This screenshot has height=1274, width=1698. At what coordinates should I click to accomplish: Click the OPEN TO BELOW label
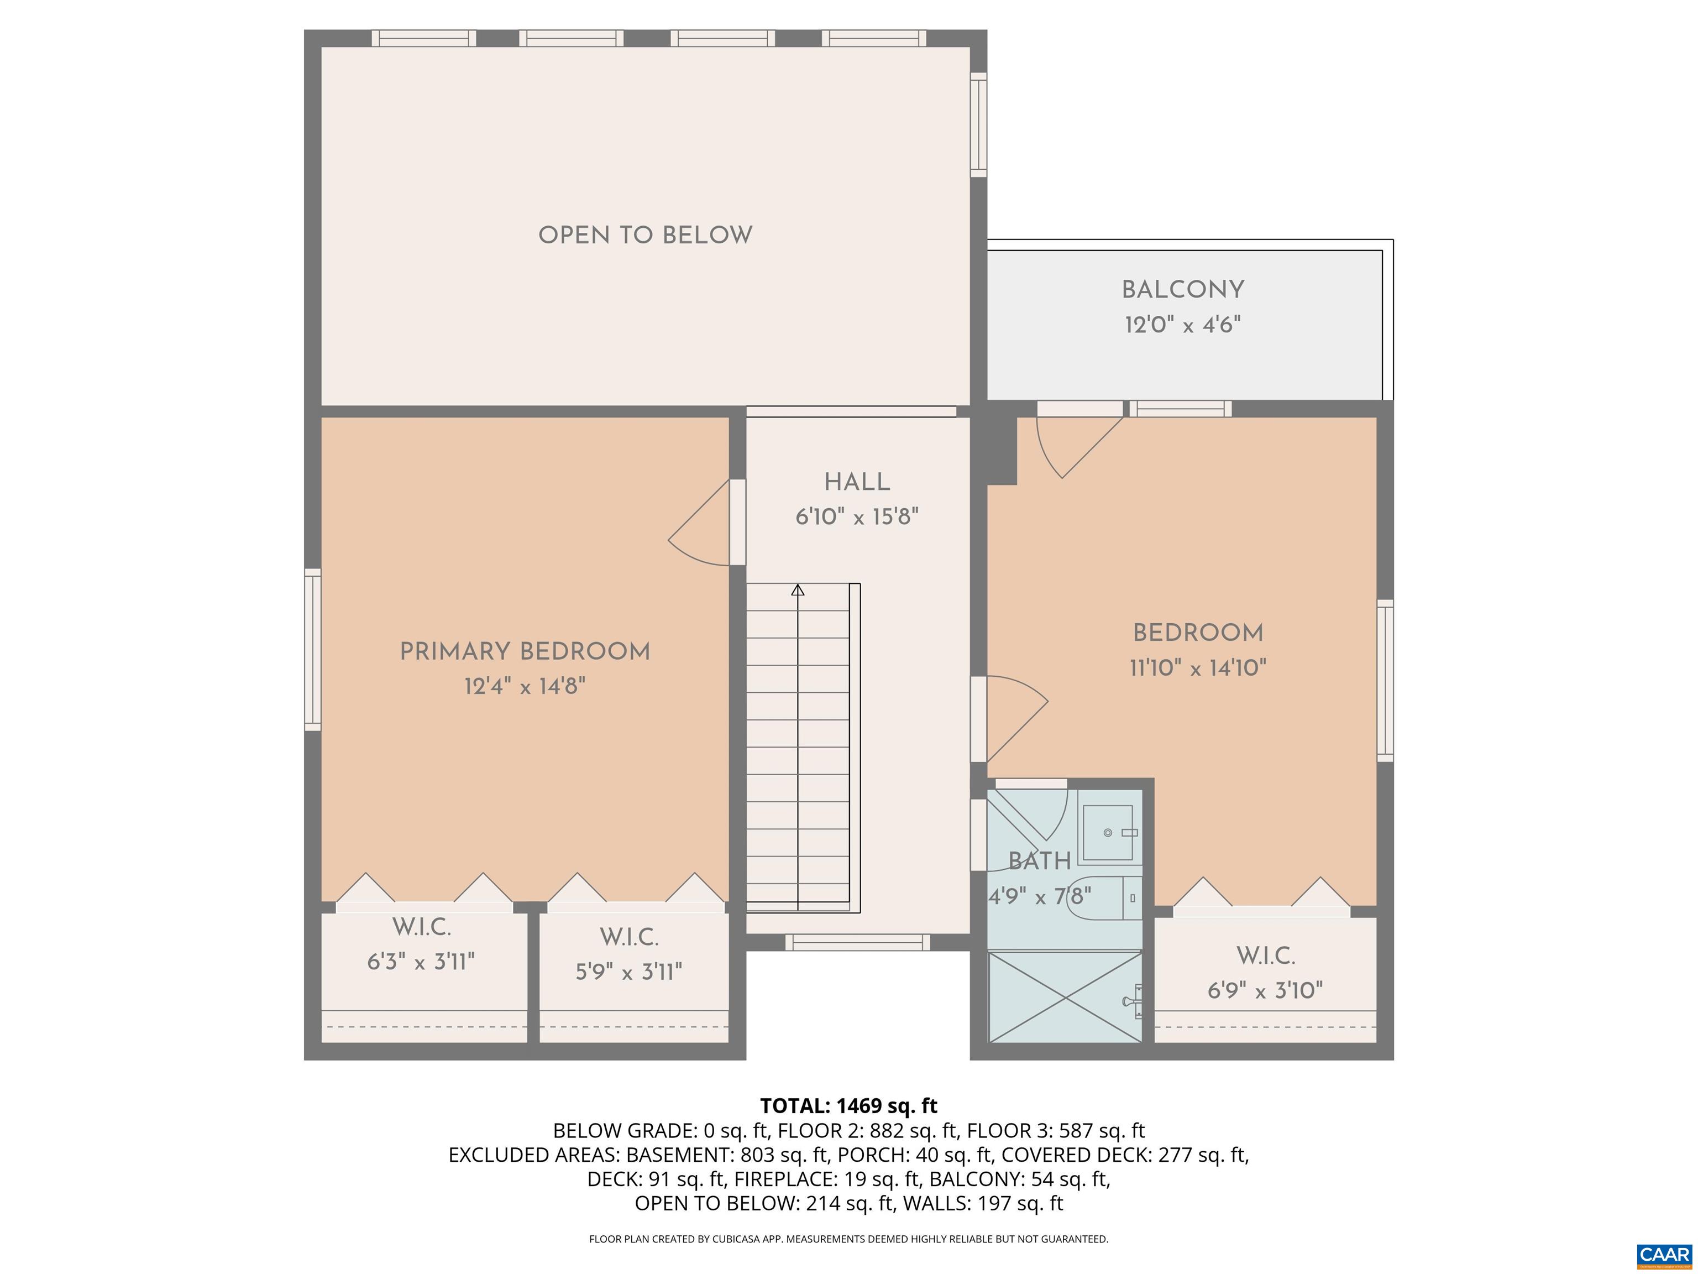point(645,235)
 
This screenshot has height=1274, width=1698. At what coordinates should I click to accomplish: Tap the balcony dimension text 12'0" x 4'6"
point(1182,325)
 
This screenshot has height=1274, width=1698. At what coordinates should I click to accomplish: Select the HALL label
point(857,482)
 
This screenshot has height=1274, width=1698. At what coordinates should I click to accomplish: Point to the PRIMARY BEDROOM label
point(525,652)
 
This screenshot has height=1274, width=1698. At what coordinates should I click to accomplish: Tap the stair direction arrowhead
point(798,590)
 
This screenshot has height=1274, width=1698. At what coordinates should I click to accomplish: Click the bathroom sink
point(1108,832)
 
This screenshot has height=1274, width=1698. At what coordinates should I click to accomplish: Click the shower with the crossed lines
point(1064,997)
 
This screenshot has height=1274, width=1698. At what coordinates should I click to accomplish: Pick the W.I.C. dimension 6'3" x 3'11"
point(421,962)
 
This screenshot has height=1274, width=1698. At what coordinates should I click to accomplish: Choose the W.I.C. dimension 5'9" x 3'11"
point(628,972)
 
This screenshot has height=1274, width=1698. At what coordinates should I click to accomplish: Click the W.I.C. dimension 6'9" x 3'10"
point(1265,991)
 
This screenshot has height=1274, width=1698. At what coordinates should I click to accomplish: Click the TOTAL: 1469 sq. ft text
point(848,1106)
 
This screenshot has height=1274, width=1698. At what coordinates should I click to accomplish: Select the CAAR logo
point(1664,1255)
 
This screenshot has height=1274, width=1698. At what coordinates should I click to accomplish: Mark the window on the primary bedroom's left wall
point(312,650)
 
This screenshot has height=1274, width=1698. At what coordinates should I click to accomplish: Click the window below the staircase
point(857,942)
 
